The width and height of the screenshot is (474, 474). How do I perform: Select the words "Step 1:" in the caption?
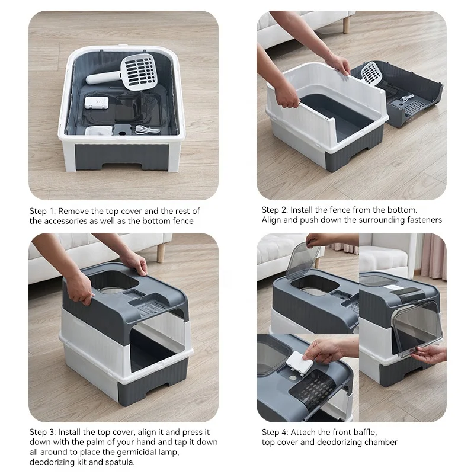click(x=42, y=211)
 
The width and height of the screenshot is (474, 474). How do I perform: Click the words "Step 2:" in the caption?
click(x=274, y=210)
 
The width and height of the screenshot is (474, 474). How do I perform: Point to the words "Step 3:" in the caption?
click(x=42, y=432)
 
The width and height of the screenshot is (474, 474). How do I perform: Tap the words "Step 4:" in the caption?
click(x=274, y=432)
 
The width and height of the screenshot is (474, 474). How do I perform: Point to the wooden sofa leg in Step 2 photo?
click(x=346, y=24)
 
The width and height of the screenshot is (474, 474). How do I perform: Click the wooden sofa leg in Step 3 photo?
click(x=161, y=251)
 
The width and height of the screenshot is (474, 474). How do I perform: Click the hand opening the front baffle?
click(x=430, y=354)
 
